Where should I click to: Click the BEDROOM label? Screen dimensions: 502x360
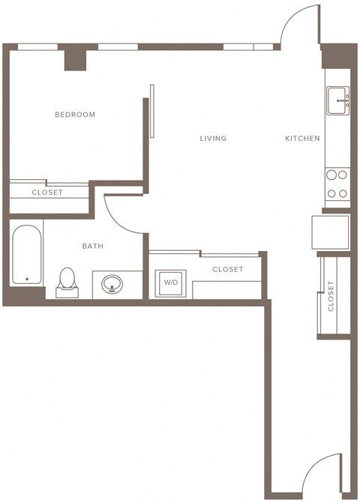75,115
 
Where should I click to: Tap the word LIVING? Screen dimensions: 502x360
213,139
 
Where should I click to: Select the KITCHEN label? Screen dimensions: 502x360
302,139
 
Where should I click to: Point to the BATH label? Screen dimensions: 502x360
93,246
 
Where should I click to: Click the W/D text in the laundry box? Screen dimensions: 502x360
171,282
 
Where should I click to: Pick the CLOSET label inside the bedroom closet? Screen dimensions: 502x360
47,193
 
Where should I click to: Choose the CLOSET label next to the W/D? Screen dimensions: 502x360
227,269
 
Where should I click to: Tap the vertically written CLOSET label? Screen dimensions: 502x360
331,295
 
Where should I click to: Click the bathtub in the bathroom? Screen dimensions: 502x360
27,255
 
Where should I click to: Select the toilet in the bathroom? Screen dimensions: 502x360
67,280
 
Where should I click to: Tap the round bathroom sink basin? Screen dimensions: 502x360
112,285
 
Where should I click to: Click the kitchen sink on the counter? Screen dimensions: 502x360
337,100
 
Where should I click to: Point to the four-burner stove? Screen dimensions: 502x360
337,184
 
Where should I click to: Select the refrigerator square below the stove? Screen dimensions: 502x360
331,232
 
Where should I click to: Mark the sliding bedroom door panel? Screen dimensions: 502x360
152,111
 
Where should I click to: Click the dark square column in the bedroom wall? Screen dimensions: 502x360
75,59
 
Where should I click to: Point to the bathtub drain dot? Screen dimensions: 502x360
27,279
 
